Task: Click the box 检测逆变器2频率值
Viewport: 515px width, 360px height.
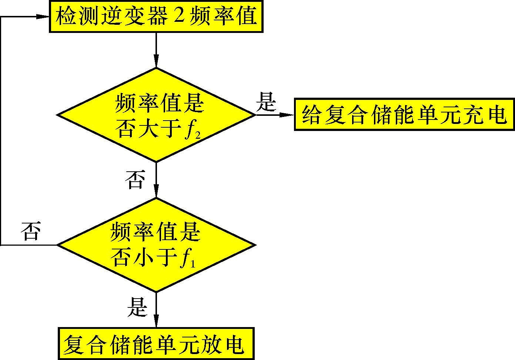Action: (x=156, y=17)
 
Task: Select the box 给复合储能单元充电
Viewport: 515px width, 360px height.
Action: (x=404, y=114)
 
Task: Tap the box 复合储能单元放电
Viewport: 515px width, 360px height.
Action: (x=156, y=343)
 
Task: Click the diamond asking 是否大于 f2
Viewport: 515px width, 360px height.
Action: (x=156, y=115)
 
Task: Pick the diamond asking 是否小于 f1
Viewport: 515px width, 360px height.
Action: (x=156, y=245)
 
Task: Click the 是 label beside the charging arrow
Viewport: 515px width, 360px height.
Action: (x=266, y=102)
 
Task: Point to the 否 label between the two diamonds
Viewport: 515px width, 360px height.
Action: (x=135, y=180)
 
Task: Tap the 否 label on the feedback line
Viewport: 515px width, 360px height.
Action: (x=31, y=231)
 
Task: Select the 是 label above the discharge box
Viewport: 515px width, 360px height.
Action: (x=137, y=307)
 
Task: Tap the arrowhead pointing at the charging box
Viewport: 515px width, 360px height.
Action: (x=287, y=115)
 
